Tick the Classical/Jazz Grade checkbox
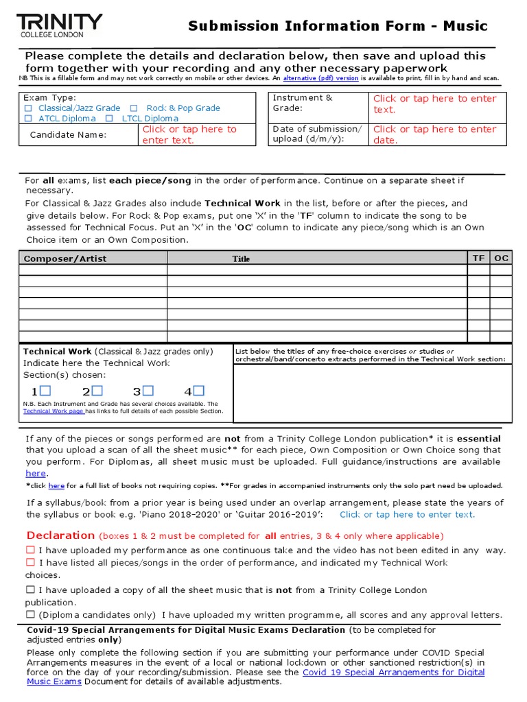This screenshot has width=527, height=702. click(x=28, y=108)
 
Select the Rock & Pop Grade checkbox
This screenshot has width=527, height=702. click(x=134, y=108)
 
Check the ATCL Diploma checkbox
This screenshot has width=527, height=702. click(x=28, y=119)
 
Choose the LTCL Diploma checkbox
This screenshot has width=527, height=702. click(x=109, y=119)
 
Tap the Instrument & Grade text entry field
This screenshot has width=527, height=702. click(x=434, y=104)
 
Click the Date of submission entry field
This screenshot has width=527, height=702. click(x=434, y=134)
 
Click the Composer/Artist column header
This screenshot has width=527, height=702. click(x=65, y=258)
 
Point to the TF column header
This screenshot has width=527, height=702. click(x=478, y=258)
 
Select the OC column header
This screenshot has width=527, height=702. click(x=502, y=258)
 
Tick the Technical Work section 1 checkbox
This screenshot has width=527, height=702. click(x=45, y=391)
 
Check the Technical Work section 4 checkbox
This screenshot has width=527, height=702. click(x=198, y=391)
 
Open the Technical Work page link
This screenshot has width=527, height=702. click(x=54, y=411)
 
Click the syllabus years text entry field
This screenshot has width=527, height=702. click(x=407, y=514)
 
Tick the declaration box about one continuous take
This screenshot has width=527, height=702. click(x=30, y=550)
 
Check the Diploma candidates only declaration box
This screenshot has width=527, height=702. click(x=30, y=615)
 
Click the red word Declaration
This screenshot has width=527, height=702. click(x=60, y=535)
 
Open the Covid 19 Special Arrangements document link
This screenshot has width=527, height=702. click(x=393, y=673)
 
